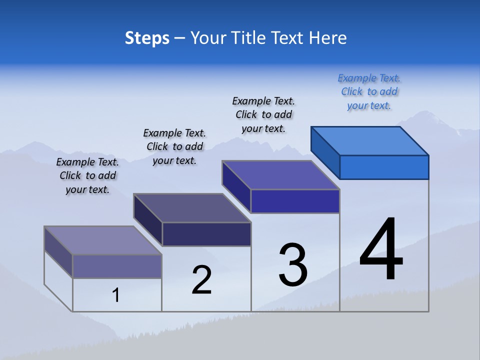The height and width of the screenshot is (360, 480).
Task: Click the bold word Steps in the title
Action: [147, 38]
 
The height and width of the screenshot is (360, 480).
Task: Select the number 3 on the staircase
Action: [293, 265]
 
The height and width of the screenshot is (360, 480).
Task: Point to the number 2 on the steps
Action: [201, 280]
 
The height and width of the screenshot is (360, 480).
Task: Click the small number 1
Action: [116, 295]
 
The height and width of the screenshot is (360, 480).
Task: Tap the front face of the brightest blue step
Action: [384, 167]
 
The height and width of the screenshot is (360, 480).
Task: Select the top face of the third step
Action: [280, 175]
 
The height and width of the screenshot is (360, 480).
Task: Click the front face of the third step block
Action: [295, 201]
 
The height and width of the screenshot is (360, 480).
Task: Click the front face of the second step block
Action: [206, 234]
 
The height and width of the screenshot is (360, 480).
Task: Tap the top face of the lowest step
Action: [102, 240]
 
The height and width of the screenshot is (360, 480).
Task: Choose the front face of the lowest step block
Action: [117, 266]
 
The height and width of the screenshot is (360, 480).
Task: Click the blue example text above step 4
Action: [369, 91]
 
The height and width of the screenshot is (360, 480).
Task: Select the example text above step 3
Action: [263, 114]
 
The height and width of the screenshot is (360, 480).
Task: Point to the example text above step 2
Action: [174, 146]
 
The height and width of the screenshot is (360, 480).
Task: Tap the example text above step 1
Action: [87, 175]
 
